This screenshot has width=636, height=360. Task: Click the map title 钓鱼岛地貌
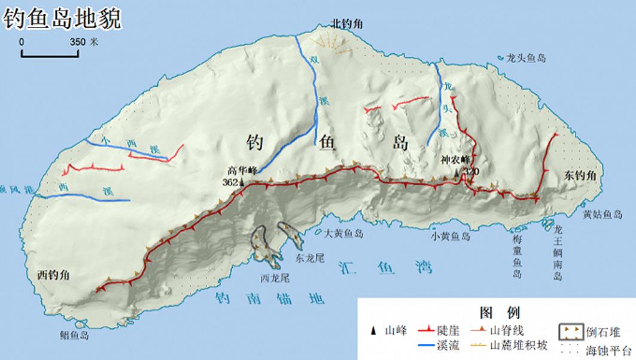point(63,18)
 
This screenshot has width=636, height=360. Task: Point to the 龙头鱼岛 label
point(526,58)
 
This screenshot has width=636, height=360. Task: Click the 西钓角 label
point(54,275)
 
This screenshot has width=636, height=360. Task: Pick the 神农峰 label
point(453,160)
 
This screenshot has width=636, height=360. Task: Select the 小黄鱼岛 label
point(450,236)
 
